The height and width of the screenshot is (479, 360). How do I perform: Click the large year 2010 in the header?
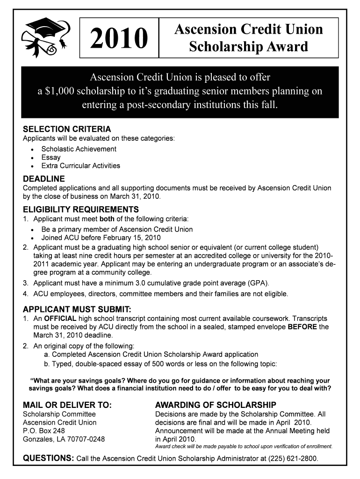point(119,39)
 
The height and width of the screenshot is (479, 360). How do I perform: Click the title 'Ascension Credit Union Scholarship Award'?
point(248,38)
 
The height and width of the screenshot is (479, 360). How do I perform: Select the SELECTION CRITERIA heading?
point(67,129)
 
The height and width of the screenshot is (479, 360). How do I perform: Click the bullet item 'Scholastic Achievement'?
point(79,149)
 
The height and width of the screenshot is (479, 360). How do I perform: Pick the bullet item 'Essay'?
point(51,158)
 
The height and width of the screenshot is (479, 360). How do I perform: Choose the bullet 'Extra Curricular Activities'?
point(80,166)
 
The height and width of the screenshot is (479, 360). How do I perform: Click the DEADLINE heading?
point(44,179)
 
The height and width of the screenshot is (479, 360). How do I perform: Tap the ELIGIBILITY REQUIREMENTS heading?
point(81,209)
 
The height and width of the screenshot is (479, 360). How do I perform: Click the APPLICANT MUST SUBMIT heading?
point(77,309)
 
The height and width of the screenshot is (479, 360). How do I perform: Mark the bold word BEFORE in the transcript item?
point(302,327)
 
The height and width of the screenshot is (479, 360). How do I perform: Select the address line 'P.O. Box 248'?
point(44,431)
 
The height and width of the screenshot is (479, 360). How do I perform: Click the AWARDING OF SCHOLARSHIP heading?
point(216,405)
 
